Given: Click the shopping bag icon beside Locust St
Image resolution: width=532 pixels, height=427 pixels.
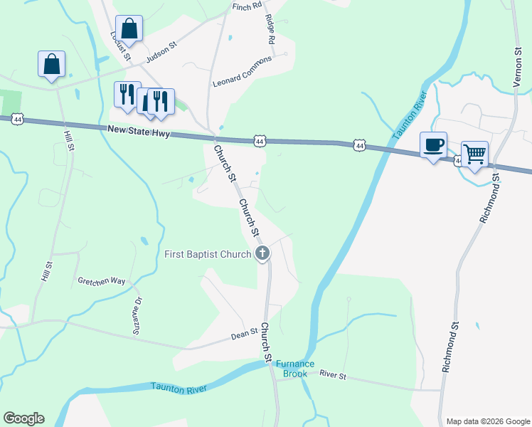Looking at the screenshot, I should [129, 28].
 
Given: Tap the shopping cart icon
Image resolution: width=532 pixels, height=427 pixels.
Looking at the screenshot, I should [474, 153].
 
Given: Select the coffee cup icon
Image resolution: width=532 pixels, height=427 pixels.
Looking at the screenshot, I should [433, 144].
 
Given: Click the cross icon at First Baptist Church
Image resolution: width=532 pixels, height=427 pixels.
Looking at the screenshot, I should [262, 253].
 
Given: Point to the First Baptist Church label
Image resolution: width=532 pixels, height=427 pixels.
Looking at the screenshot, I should [208, 254].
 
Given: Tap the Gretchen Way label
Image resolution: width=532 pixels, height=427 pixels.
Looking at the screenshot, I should [102, 281].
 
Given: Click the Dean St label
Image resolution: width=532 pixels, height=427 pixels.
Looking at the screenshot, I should [244, 333].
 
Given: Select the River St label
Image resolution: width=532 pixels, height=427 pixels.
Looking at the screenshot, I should [332, 374].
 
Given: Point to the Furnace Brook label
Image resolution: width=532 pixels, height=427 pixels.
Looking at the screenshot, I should [294, 369].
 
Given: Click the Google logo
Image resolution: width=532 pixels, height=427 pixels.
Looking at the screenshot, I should [23, 418].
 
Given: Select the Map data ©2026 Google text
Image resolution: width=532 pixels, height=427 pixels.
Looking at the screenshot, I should [487, 421].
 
